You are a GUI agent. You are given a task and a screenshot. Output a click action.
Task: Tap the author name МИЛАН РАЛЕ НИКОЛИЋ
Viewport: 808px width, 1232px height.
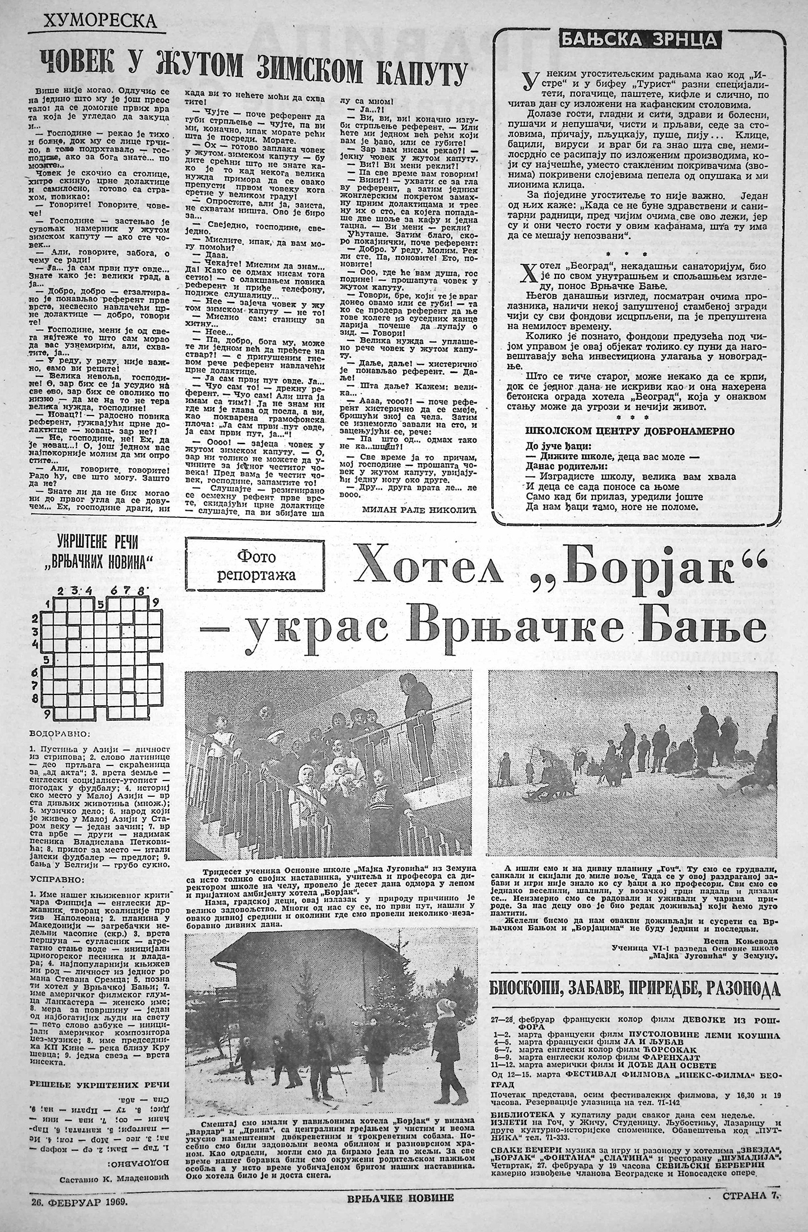(410, 510)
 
